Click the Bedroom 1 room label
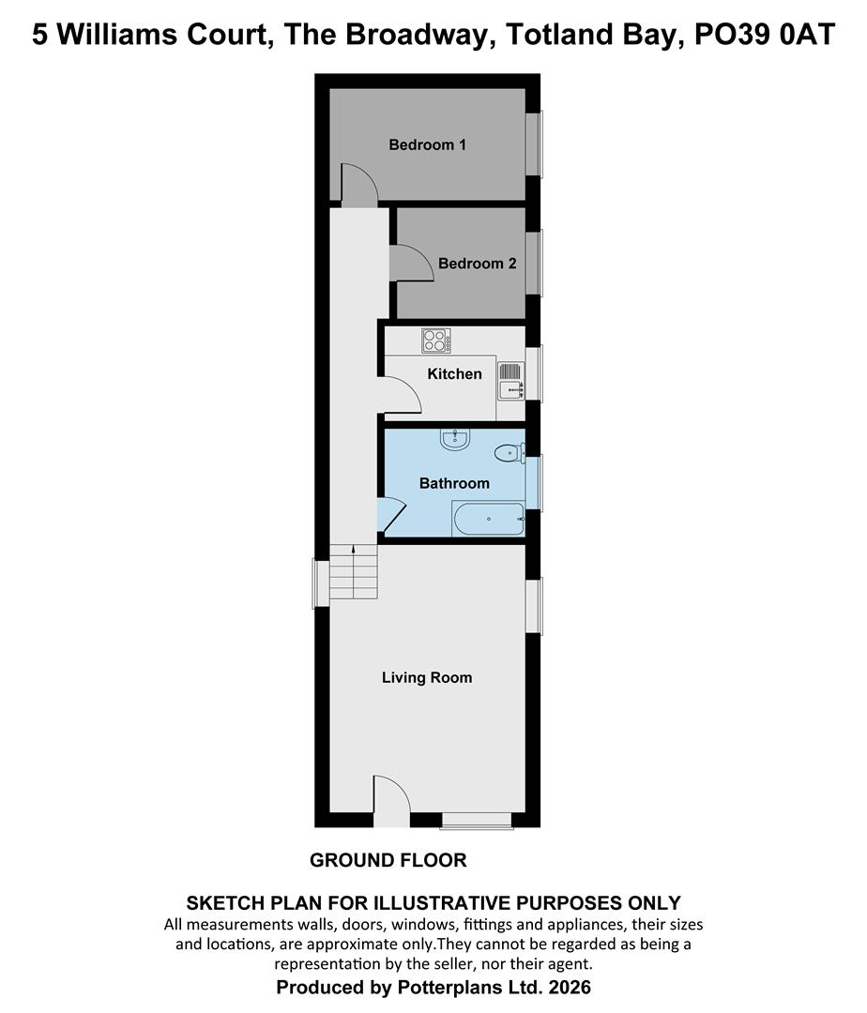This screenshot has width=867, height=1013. click(x=427, y=145)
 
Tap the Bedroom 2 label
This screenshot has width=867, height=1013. click(x=477, y=264)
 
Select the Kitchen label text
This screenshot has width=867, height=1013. click(x=454, y=374)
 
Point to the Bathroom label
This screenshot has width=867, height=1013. click(x=454, y=484)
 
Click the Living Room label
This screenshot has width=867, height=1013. click(x=427, y=677)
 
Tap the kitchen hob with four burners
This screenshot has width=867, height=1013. click(x=436, y=340)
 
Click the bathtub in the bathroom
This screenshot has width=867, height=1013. click(x=488, y=519)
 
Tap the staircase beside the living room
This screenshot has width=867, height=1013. click(x=353, y=572)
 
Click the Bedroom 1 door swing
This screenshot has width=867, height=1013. click(x=357, y=185)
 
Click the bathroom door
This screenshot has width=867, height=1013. click(x=391, y=515)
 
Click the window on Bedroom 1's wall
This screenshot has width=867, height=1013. click(x=533, y=144)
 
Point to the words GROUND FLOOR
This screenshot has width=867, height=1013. click(x=388, y=860)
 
